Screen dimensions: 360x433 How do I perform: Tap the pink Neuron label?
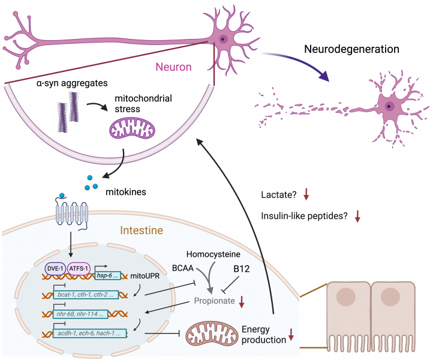[174, 67]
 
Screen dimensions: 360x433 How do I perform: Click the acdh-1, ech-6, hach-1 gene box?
[90, 332]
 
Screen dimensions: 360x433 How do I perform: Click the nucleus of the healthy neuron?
[223, 39]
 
